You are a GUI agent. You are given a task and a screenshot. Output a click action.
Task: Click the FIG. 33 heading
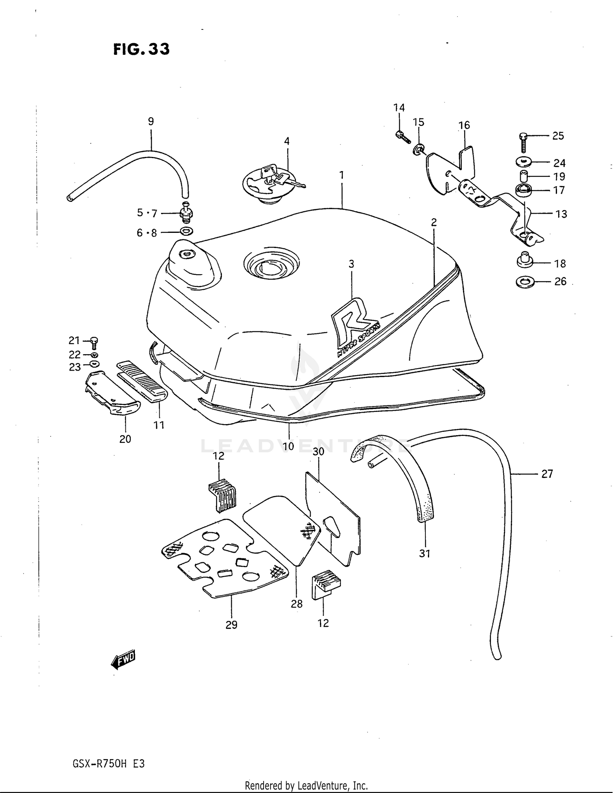(x=141, y=49)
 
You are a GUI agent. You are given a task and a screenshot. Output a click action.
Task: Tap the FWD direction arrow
(x=123, y=659)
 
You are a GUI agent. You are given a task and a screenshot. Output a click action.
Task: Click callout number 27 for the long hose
(x=547, y=474)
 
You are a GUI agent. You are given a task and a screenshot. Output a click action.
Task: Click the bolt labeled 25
(x=524, y=142)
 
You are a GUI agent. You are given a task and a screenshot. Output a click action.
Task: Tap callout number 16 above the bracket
(x=464, y=125)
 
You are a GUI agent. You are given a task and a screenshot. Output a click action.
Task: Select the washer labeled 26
(x=525, y=282)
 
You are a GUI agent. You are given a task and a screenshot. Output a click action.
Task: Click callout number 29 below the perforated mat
(x=231, y=625)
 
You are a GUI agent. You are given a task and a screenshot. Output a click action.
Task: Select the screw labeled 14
(x=402, y=136)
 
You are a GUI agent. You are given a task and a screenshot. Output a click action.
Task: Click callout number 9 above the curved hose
(x=151, y=121)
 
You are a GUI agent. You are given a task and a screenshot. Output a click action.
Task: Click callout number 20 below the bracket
(x=125, y=439)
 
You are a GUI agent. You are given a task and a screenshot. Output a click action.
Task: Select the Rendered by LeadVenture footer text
(x=306, y=785)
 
